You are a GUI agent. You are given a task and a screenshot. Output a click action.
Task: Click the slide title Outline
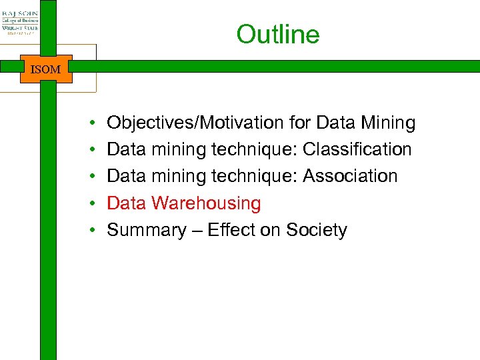pos(278,35)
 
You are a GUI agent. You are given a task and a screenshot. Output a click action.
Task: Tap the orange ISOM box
pos(46,69)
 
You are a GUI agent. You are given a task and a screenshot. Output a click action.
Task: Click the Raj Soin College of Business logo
pos(20,21)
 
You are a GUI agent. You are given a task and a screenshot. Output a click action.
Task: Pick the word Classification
pos(357,150)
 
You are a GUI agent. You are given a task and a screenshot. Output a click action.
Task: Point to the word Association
pos(350,177)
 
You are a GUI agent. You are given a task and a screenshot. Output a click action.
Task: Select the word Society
pos(317,230)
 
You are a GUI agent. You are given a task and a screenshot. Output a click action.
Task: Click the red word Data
pos(127,203)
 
